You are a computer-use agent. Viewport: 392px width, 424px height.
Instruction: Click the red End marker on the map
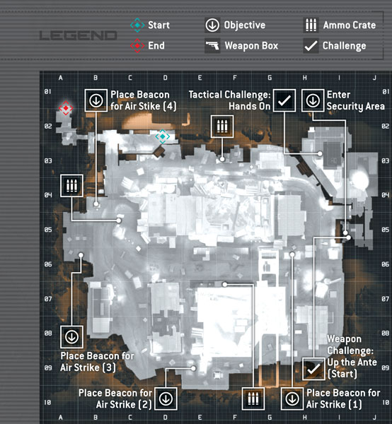(66, 108)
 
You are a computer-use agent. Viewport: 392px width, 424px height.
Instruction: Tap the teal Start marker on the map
(163, 136)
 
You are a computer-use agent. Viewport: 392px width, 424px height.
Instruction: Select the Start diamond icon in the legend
(137, 25)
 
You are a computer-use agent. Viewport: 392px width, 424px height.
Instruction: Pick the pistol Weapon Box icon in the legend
(212, 46)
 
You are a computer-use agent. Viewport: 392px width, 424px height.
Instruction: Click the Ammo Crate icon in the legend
(311, 25)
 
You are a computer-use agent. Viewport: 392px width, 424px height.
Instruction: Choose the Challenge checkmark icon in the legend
(311, 46)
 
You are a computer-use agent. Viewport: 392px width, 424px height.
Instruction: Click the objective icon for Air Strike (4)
(96, 100)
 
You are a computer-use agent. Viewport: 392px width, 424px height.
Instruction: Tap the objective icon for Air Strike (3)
(71, 337)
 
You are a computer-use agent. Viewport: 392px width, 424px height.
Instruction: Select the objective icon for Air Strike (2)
(166, 399)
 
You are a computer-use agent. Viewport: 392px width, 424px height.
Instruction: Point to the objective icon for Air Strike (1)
(292, 399)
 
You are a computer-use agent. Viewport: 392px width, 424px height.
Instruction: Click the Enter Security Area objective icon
(313, 100)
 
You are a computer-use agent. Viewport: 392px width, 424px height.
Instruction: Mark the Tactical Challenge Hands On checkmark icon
(284, 100)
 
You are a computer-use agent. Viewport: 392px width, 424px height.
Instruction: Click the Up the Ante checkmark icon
(313, 369)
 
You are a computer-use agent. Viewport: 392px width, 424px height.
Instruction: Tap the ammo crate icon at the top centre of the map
(222, 126)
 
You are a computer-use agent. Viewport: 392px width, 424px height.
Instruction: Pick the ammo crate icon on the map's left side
(71, 186)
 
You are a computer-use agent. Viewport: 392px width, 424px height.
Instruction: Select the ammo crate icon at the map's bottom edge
(253, 399)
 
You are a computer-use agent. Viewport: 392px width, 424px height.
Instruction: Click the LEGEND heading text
(79, 35)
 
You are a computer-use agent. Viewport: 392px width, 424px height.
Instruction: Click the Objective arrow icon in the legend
(212, 25)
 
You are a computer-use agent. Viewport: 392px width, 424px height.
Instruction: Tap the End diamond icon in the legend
(137, 46)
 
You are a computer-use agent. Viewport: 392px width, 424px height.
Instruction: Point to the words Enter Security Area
(355, 100)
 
